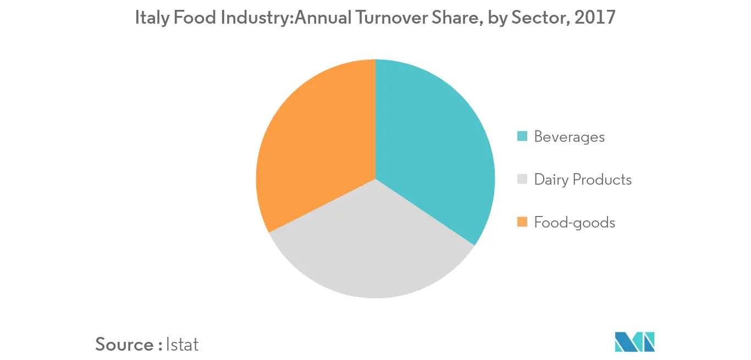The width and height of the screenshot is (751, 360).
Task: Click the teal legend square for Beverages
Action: point(523,136)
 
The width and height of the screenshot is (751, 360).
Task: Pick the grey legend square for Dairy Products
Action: point(523,179)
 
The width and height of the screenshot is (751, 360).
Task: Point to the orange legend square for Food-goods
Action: point(523,222)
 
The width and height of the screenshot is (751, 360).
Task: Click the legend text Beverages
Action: point(569,137)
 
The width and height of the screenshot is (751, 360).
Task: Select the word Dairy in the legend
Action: point(551,180)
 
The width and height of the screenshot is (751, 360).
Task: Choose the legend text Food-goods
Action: point(575,223)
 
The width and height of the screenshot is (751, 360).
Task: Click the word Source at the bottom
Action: point(124,345)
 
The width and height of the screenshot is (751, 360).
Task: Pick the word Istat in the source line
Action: point(181,345)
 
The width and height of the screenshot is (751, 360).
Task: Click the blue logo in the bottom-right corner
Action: point(635,342)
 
